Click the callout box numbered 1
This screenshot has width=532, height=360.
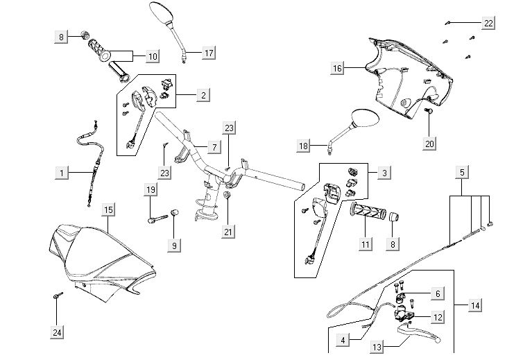pos(63,171)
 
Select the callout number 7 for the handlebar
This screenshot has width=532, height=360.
pos(214,147)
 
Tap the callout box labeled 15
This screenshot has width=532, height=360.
pos(108,209)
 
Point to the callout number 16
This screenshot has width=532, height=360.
pos(338,68)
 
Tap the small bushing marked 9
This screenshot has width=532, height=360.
pos(175,212)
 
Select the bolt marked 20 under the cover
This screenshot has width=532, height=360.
pos(429,110)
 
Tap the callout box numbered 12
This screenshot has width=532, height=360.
pos(438,317)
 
